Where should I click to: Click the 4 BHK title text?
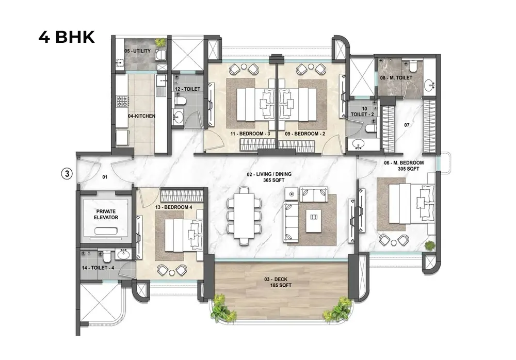[67, 38]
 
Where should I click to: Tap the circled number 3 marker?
[66, 174]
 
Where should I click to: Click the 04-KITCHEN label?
[141, 116]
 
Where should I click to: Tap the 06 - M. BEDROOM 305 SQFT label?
[404, 166]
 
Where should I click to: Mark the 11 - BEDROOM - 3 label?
[250, 134]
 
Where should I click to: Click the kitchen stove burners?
[122, 101]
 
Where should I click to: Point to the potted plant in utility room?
[162, 42]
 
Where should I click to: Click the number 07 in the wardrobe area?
[407, 125]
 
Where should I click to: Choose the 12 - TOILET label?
[186, 89]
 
